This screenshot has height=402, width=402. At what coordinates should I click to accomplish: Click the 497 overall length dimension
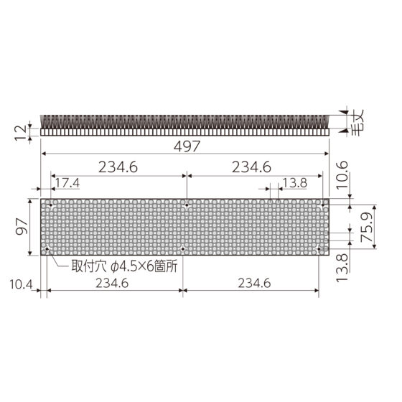(x=187, y=146)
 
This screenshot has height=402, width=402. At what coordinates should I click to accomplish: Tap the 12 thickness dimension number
(x=21, y=133)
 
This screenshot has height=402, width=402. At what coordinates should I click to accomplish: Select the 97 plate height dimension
(x=22, y=227)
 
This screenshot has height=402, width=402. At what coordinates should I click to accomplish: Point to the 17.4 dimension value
(x=67, y=183)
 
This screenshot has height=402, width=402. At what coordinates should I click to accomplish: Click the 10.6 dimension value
(x=342, y=175)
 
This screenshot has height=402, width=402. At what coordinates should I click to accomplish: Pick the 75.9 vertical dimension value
(x=367, y=228)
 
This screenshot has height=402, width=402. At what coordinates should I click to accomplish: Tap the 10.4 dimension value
(x=21, y=284)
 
